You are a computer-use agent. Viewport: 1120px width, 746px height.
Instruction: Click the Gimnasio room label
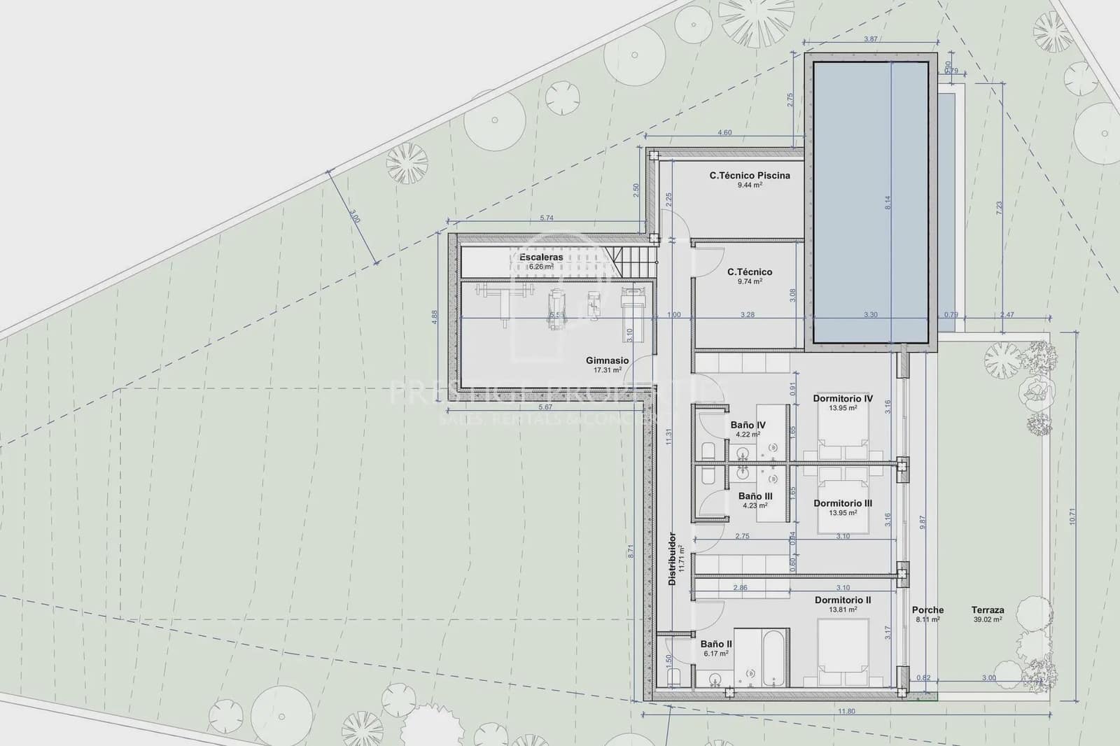[607, 360]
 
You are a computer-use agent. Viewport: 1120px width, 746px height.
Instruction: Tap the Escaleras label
[541, 258]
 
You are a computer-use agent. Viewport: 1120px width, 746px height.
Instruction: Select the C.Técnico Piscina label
[749, 176]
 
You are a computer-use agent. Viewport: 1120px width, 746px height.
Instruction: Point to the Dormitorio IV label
[843, 399]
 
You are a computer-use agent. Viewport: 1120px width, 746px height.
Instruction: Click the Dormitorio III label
[843, 503]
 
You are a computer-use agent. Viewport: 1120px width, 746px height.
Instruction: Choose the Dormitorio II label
[843, 600]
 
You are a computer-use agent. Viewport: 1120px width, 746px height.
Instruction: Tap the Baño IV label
[748, 425]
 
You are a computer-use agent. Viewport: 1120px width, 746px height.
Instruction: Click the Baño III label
[755, 496]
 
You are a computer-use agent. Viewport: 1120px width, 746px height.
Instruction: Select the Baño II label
[716, 644]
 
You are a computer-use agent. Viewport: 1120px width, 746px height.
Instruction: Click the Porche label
[927, 610]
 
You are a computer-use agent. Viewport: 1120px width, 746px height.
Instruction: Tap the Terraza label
[988, 610]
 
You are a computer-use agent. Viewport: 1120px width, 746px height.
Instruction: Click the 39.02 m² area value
[988, 619]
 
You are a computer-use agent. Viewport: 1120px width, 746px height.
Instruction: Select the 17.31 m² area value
[607, 370]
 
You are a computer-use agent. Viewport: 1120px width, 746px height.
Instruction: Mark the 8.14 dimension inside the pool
[888, 202]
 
